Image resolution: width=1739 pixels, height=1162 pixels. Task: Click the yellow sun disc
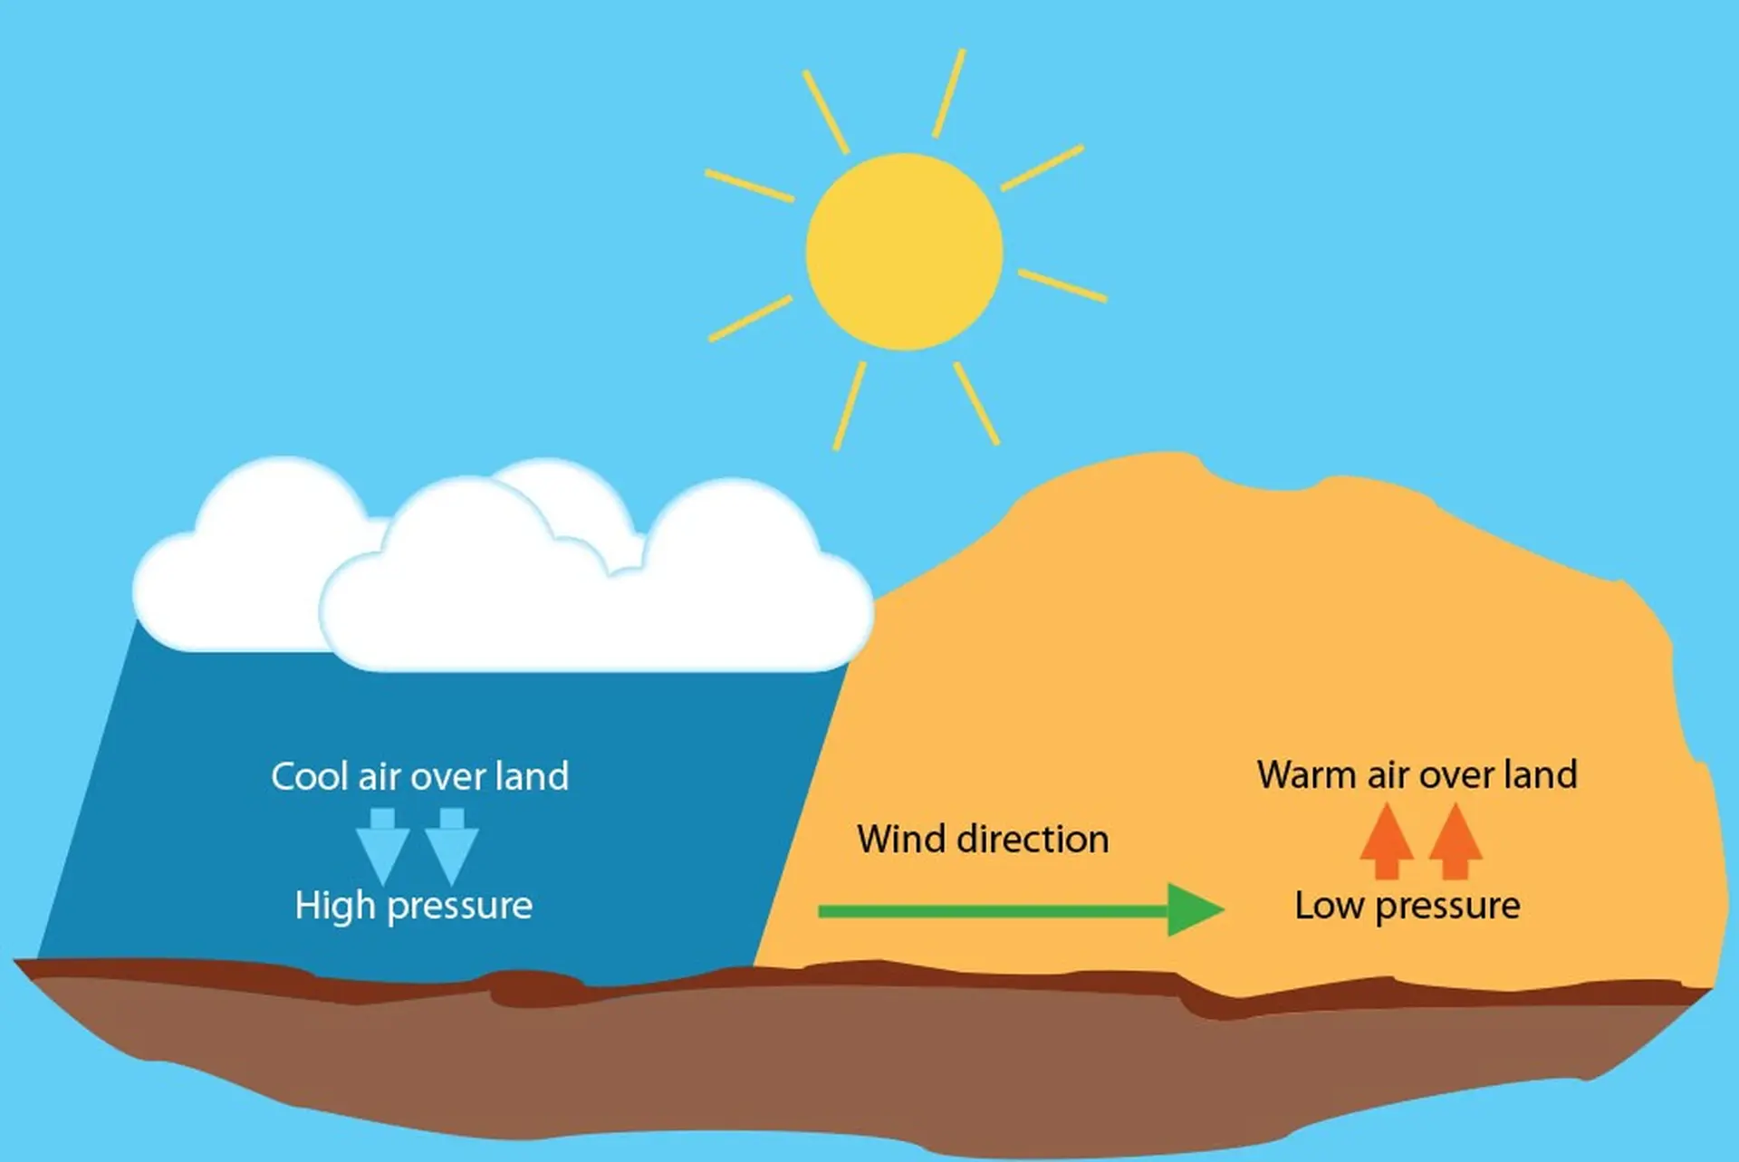(904, 252)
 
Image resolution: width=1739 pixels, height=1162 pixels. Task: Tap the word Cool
(310, 777)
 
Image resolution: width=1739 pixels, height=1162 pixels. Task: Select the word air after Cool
(380, 777)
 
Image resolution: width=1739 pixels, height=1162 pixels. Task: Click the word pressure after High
(460, 908)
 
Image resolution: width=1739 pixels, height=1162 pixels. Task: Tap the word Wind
(902, 839)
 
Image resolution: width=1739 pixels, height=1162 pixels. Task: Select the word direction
(1033, 839)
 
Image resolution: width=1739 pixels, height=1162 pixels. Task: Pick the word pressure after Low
(1448, 908)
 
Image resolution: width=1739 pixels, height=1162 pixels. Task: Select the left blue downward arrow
(382, 846)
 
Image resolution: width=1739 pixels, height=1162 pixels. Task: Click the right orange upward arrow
(1456, 841)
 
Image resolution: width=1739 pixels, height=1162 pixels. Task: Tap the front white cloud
(597, 577)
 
